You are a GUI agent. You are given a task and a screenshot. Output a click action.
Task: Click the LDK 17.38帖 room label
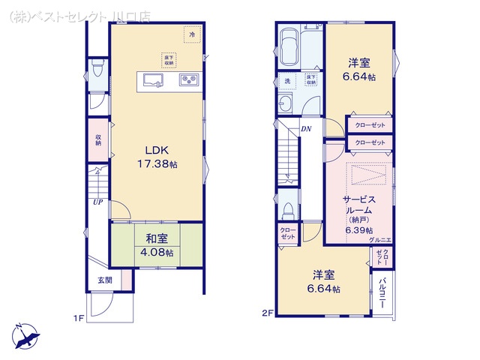click(156, 155)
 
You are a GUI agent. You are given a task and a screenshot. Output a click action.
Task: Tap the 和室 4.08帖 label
click(156, 246)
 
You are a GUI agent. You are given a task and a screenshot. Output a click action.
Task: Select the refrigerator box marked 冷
click(192, 35)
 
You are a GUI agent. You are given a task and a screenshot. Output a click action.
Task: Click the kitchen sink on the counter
click(154, 81)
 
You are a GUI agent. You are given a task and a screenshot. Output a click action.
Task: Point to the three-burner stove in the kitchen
click(187, 80)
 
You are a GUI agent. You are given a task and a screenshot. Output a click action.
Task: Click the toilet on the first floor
click(96, 71)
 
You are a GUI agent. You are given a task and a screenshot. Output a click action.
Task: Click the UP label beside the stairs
click(97, 202)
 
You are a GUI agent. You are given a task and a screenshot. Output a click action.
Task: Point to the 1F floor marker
click(78, 319)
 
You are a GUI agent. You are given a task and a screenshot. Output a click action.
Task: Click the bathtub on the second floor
click(288, 47)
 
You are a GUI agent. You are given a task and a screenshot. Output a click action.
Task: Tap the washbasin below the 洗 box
click(286, 103)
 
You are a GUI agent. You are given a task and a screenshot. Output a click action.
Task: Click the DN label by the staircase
click(307, 129)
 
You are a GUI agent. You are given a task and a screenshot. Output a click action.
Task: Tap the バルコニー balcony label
click(382, 289)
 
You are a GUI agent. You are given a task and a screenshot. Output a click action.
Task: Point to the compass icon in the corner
click(24, 334)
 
